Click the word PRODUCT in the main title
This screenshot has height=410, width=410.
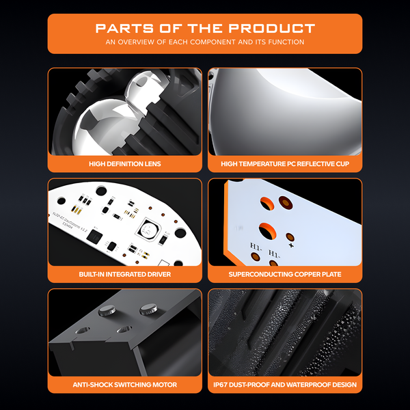(272, 28)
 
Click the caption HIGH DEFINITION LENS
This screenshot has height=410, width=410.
(125, 164)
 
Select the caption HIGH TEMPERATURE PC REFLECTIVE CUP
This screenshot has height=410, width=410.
(285, 164)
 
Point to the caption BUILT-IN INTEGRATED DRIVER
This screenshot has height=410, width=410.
(125, 274)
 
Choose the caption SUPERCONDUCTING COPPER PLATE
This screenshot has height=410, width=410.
(285, 274)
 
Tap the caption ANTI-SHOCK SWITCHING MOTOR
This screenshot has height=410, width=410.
(125, 385)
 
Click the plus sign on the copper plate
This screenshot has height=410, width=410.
(291, 245)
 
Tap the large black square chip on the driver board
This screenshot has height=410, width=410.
(94, 236)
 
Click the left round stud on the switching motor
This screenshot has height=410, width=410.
(107, 310)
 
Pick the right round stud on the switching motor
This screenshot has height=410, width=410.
(148, 310)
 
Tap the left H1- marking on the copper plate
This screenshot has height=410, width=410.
(256, 246)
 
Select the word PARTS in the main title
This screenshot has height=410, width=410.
(124, 28)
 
